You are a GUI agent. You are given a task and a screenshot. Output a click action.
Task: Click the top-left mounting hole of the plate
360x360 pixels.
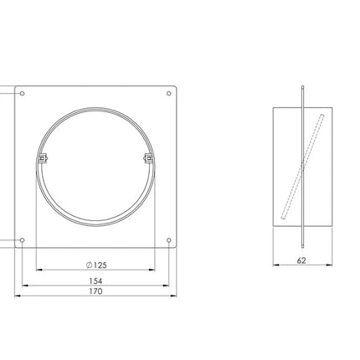23,93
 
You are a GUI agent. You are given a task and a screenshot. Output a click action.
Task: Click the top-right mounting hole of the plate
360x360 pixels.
169,93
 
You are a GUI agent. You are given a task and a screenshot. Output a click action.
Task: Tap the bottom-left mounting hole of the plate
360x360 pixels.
23,240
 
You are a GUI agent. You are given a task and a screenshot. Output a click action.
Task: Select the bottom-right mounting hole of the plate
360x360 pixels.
169,240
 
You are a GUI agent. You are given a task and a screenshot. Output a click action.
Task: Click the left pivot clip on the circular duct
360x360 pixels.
42,158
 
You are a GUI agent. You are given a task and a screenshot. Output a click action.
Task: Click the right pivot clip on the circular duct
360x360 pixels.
149,158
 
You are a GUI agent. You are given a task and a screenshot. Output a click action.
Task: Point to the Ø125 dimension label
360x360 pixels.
96,265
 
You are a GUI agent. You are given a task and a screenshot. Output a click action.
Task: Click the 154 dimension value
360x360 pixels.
95,280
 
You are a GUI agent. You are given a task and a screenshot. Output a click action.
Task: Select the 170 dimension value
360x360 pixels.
95,291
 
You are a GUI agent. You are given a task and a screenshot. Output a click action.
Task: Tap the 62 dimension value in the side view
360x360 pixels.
301,260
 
